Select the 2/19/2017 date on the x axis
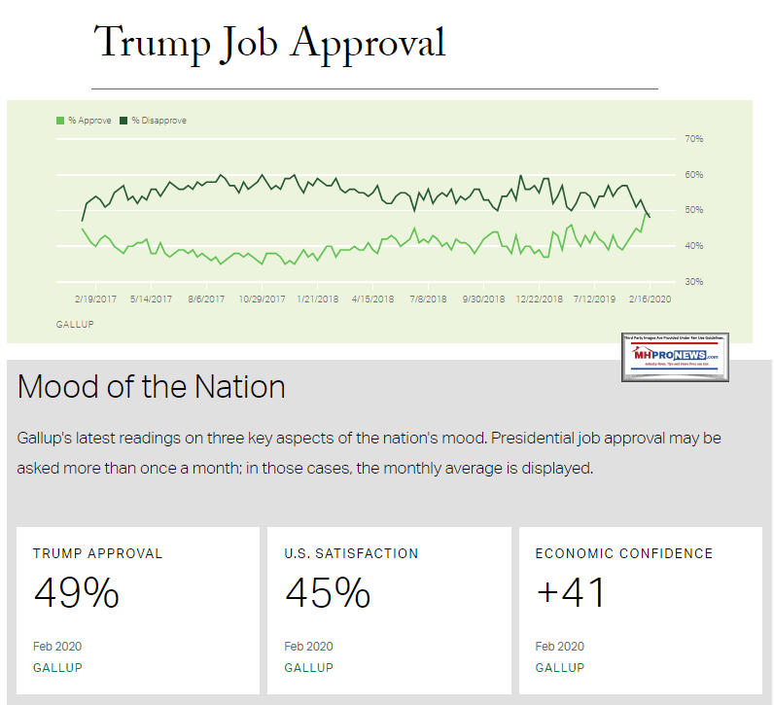point(95,299)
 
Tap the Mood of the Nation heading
point(151,387)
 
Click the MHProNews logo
point(675,357)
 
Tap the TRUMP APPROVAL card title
point(97,553)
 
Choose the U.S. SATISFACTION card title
point(351,553)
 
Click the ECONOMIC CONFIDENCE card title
point(623,553)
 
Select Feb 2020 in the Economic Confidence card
point(559,646)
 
